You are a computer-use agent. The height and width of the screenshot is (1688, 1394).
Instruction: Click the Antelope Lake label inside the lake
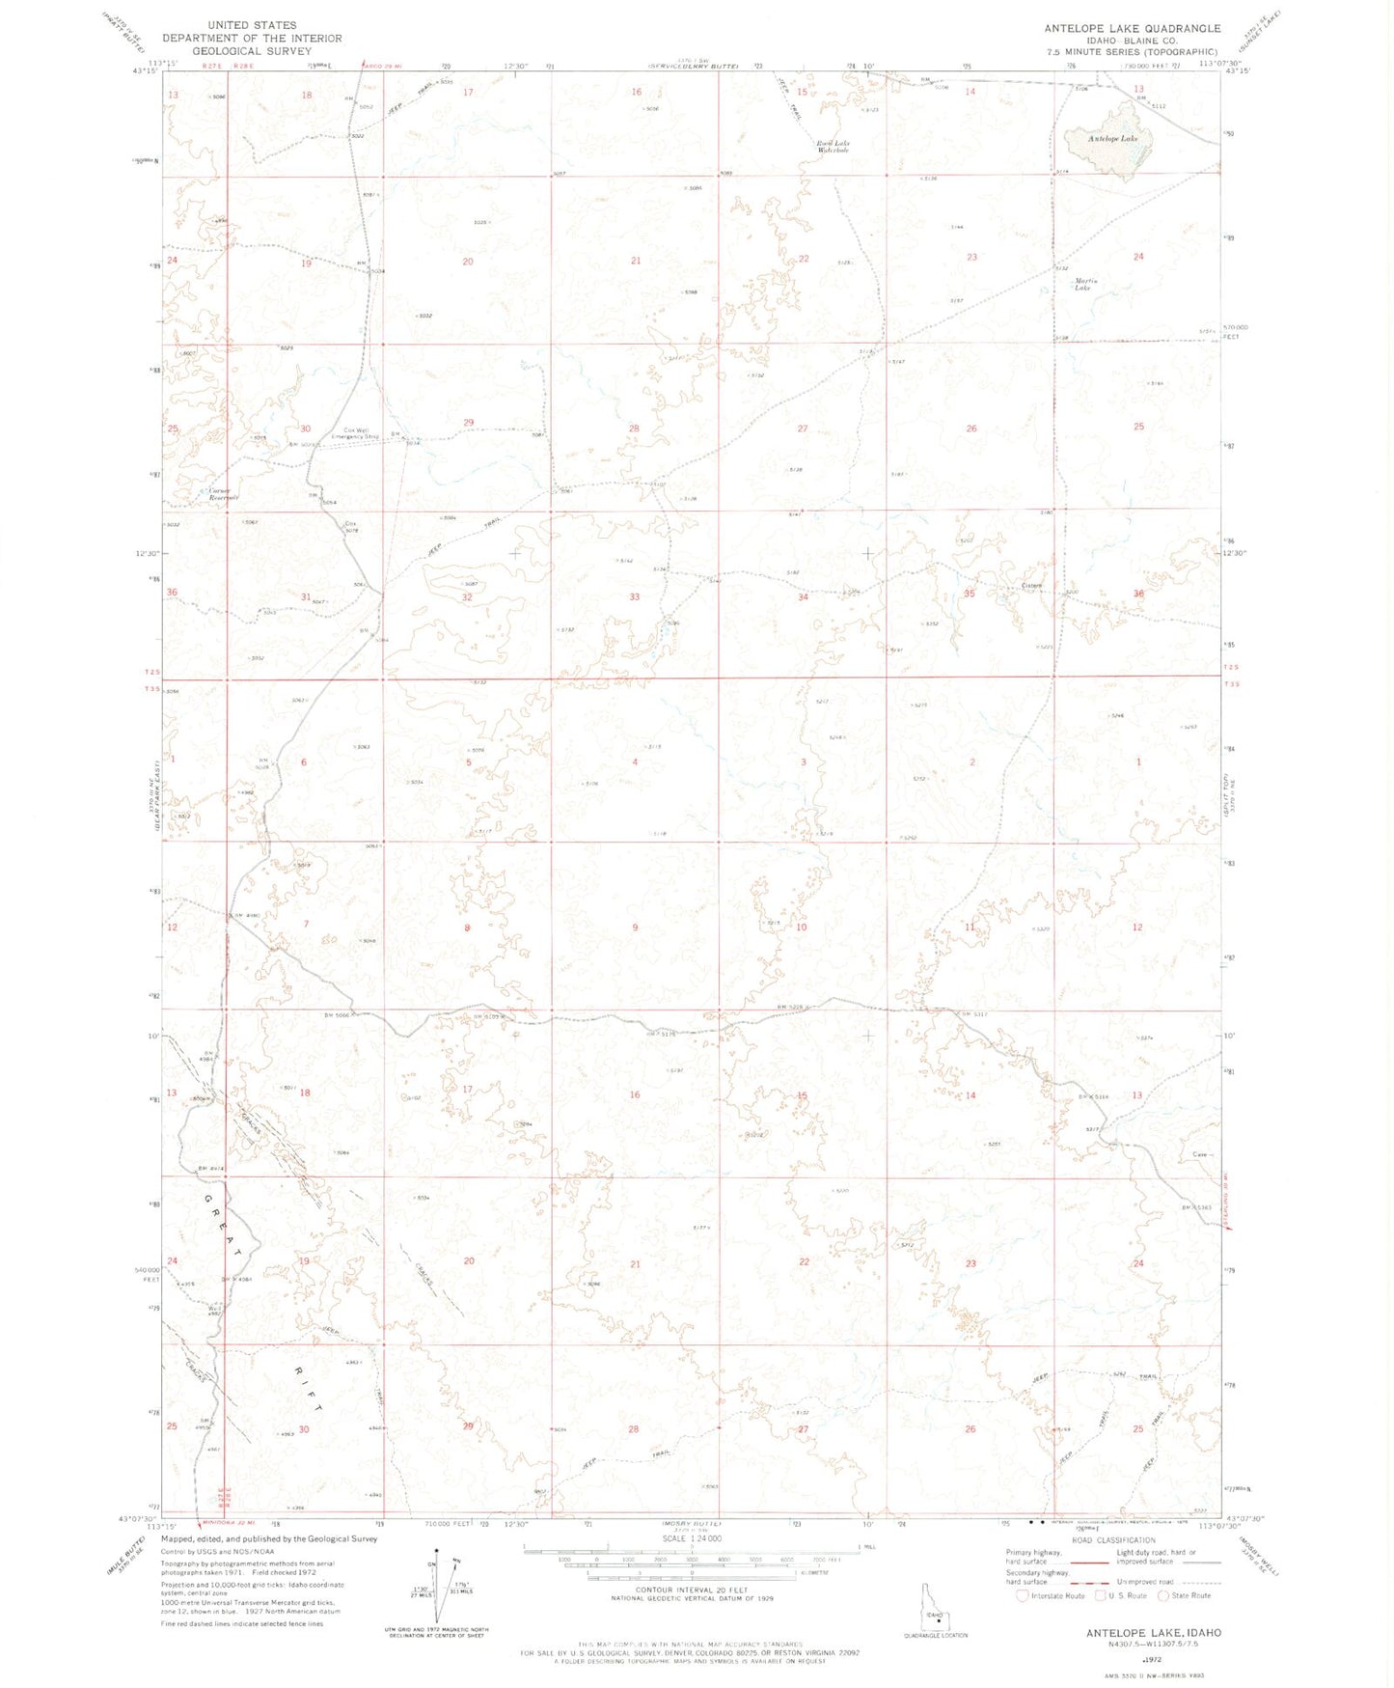[x=1112, y=139]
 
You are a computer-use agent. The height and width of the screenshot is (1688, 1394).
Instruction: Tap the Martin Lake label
[x=1082, y=285]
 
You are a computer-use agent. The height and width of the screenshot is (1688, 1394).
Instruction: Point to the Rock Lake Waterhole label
[x=834, y=147]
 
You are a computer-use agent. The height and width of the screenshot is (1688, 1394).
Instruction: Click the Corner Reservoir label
[x=223, y=494]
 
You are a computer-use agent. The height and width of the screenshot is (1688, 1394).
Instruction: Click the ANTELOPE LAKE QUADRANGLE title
[x=1132, y=29]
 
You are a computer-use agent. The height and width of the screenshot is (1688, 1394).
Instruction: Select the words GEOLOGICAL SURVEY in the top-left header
[x=251, y=51]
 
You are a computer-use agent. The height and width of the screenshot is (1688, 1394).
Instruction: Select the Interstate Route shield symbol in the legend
[x=1023, y=1595]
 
